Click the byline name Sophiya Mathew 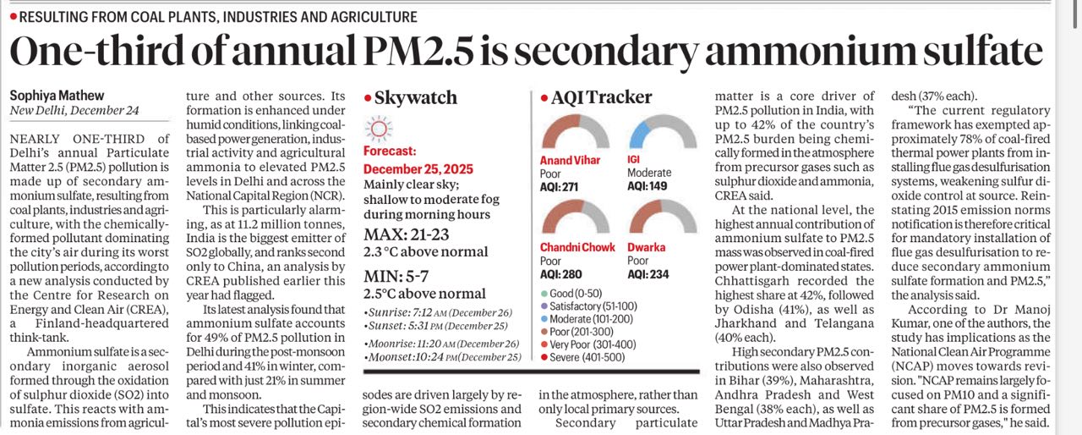(57, 96)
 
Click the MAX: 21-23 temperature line (406, 234)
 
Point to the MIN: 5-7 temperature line (396, 276)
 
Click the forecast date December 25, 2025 (418, 169)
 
